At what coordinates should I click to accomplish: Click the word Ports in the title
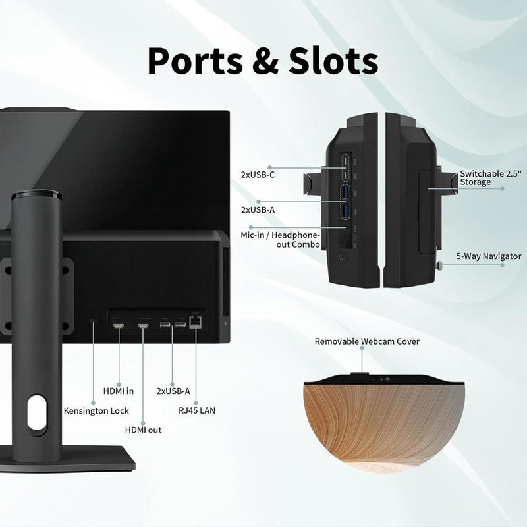[195, 61]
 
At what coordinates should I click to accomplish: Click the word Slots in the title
[333, 61]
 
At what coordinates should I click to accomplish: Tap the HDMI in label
[119, 391]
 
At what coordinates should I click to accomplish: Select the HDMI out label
[143, 430]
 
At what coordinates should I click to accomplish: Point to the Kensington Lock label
[96, 410]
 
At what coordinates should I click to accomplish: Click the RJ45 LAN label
[197, 410]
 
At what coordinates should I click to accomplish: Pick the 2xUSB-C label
[258, 175]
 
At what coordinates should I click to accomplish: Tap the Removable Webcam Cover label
[367, 341]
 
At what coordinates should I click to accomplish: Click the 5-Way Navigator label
[489, 256]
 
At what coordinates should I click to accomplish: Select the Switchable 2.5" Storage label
[490, 178]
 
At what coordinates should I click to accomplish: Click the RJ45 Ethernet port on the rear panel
[195, 323]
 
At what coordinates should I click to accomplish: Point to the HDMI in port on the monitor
[119, 325]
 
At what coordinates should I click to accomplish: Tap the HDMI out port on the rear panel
[143, 325]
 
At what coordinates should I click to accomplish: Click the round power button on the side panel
[343, 258]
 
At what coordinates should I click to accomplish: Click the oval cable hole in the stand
[37, 413]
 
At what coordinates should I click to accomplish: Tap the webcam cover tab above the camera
[359, 375]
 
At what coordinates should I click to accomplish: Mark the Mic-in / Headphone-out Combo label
[281, 240]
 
